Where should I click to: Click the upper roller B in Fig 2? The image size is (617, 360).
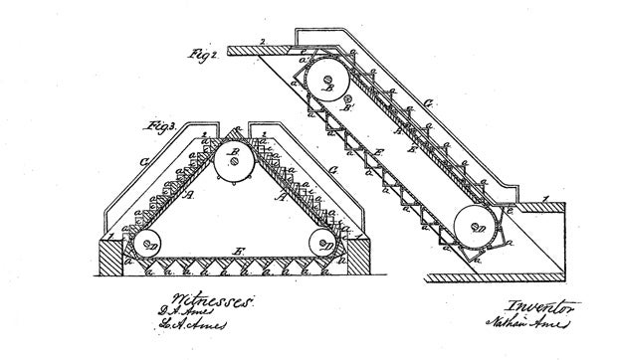click(325, 81)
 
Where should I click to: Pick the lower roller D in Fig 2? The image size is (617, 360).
click(479, 228)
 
